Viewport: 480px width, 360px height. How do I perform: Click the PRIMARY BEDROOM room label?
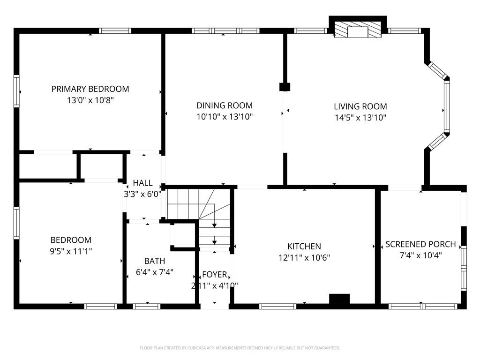(90, 89)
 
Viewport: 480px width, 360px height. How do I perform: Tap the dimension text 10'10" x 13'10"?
(225, 117)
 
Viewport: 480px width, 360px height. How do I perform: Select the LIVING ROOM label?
(360, 106)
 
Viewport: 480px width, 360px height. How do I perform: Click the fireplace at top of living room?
(358, 30)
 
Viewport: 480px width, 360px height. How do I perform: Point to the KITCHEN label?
(304, 246)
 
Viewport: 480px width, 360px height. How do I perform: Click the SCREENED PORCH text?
(420, 244)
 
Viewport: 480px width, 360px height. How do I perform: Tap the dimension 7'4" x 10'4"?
(420, 255)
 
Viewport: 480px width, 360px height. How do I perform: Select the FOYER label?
(214, 275)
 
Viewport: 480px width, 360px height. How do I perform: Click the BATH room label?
(154, 261)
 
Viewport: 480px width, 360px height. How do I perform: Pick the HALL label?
(142, 183)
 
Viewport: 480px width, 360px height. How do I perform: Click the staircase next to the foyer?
(199, 211)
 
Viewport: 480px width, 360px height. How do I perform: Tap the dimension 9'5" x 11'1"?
(71, 251)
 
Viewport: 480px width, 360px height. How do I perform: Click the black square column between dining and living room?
(285, 87)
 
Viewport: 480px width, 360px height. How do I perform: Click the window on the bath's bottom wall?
(147, 307)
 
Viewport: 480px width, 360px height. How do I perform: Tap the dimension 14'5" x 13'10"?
(360, 118)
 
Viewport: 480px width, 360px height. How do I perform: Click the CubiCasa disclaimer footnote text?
(240, 348)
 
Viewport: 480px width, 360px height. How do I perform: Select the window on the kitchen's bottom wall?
(277, 307)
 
